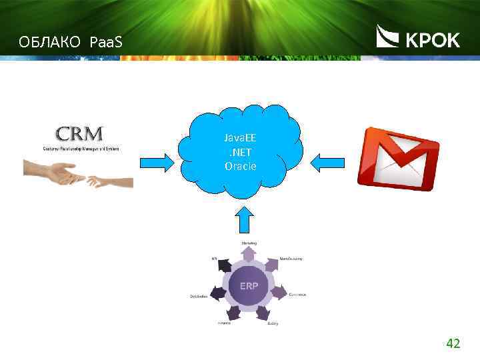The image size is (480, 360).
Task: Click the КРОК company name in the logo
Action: tap(433, 41)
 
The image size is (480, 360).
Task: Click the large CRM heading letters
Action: tap(79, 133)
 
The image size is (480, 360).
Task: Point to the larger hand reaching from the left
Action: tap(53, 172)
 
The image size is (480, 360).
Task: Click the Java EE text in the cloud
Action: tap(240, 139)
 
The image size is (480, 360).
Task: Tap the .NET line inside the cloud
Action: tap(240, 152)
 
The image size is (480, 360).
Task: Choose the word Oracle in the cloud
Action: tap(240, 165)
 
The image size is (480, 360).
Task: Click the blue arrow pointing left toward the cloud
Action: tap(328, 161)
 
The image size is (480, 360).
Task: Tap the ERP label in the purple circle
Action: tap(248, 285)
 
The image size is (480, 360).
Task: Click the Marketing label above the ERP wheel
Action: tap(249, 243)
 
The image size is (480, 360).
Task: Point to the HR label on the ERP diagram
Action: tap(214, 258)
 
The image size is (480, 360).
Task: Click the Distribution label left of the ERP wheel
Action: tap(199, 295)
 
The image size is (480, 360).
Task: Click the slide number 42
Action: tap(453, 344)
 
